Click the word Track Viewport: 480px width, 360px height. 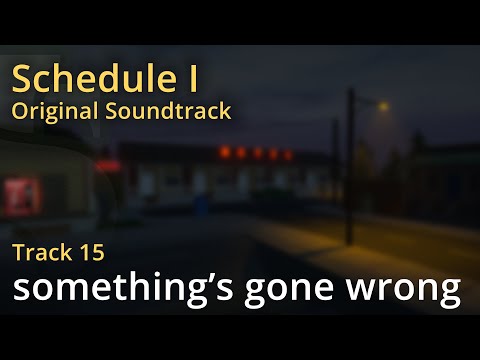[x=41, y=252]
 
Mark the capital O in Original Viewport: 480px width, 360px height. [x=19, y=110]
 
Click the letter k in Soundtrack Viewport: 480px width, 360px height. [x=225, y=110]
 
